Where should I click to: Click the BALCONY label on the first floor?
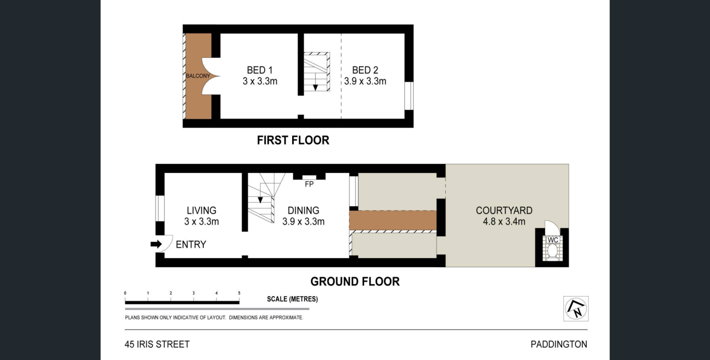[x=198, y=76]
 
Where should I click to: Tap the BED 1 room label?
[x=260, y=70]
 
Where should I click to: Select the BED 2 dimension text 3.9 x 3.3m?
[x=365, y=82]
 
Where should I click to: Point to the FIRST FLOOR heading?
[x=293, y=140]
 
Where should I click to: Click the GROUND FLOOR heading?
[x=355, y=281]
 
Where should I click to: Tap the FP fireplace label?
[x=309, y=184]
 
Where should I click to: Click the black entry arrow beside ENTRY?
[x=156, y=244]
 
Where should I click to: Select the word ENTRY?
[x=191, y=244]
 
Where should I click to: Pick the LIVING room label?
[x=202, y=210]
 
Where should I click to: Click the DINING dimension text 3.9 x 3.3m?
[x=303, y=222]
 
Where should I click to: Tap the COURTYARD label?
[x=504, y=210]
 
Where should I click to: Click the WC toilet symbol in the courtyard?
[x=552, y=248]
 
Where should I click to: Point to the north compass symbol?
[x=576, y=309]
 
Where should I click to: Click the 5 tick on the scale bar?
[x=239, y=293]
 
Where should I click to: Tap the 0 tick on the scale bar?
[x=125, y=293]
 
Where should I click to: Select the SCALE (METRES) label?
[x=292, y=299]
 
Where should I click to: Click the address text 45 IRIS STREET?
[x=157, y=344]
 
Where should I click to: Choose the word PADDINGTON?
[x=559, y=344]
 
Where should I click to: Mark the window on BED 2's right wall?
[x=409, y=96]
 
